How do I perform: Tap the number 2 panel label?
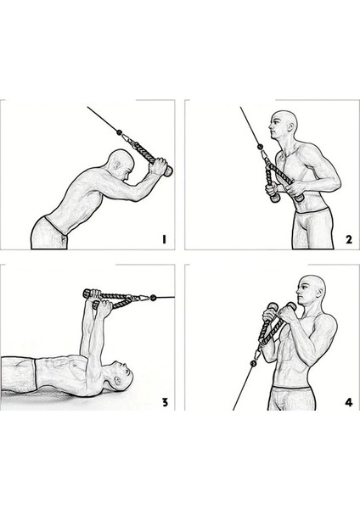[x=348, y=240]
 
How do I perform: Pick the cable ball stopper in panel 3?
[x=154, y=298]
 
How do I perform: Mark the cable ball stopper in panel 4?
[x=251, y=362]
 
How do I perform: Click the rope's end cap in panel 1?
[x=168, y=172]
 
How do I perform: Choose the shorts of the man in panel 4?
[x=293, y=397]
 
